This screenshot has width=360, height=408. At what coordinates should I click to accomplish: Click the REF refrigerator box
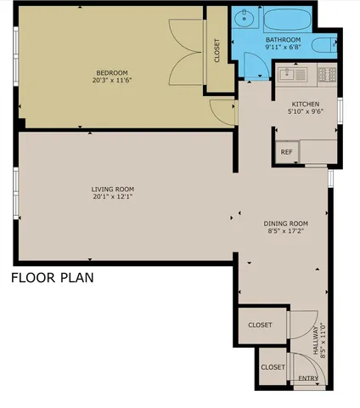[287, 152]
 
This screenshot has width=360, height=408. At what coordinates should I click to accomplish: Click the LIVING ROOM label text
[113, 189]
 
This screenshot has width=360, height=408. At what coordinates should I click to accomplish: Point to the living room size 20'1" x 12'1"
[113, 197]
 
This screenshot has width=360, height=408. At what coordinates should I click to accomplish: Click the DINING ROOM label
[285, 223]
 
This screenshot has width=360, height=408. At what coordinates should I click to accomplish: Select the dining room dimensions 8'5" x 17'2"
[285, 231]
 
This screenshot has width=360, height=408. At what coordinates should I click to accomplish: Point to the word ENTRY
[307, 377]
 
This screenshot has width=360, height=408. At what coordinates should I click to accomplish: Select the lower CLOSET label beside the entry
[273, 367]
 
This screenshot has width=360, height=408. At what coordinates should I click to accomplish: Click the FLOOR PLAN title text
[52, 277]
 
